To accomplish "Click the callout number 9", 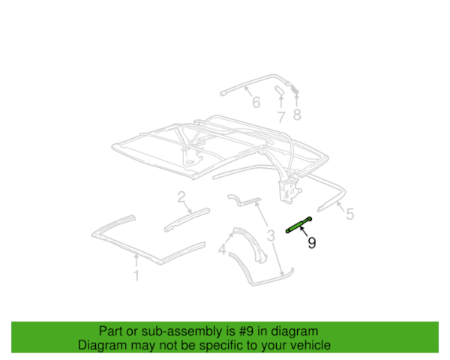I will click(x=312, y=243).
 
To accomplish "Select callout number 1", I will click(x=136, y=276).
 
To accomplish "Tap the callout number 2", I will click(x=181, y=197).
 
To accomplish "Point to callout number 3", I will click(x=268, y=238).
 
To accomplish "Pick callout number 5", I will click(x=349, y=214).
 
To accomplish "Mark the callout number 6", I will click(x=256, y=103).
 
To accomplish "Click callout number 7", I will click(x=280, y=116).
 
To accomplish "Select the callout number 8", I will click(x=297, y=115).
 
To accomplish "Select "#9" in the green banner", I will click(x=229, y=331).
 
